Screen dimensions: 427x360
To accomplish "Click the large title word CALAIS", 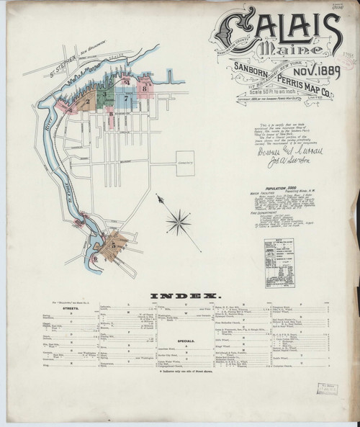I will (277, 30).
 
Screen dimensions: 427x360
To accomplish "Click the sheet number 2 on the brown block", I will (88, 102).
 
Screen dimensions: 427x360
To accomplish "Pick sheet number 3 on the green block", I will (105, 93).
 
